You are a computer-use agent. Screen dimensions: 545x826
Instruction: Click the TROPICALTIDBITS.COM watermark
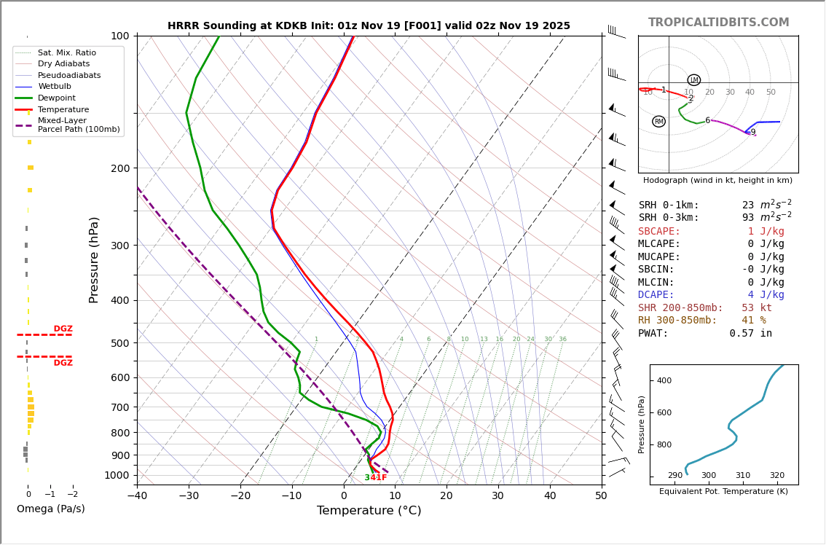[718, 23]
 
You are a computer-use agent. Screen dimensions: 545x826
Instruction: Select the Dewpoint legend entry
[57, 98]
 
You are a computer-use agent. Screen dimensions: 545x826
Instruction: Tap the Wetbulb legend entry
[58, 87]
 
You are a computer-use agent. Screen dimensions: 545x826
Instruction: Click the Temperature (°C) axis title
[369, 511]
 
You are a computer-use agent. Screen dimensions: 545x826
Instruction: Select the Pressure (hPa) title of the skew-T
[95, 259]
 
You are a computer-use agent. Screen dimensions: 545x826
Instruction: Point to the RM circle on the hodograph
[658, 122]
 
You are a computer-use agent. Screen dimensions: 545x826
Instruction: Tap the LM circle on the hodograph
[693, 80]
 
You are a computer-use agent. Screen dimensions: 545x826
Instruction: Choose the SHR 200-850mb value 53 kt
[756, 308]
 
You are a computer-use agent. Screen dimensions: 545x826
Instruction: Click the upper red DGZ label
[63, 329]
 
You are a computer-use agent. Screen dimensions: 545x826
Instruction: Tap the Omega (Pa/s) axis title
[50, 509]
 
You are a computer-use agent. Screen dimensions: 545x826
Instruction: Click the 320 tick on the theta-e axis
[777, 476]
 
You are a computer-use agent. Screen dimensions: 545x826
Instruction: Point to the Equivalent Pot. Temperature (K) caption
[723, 492]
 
